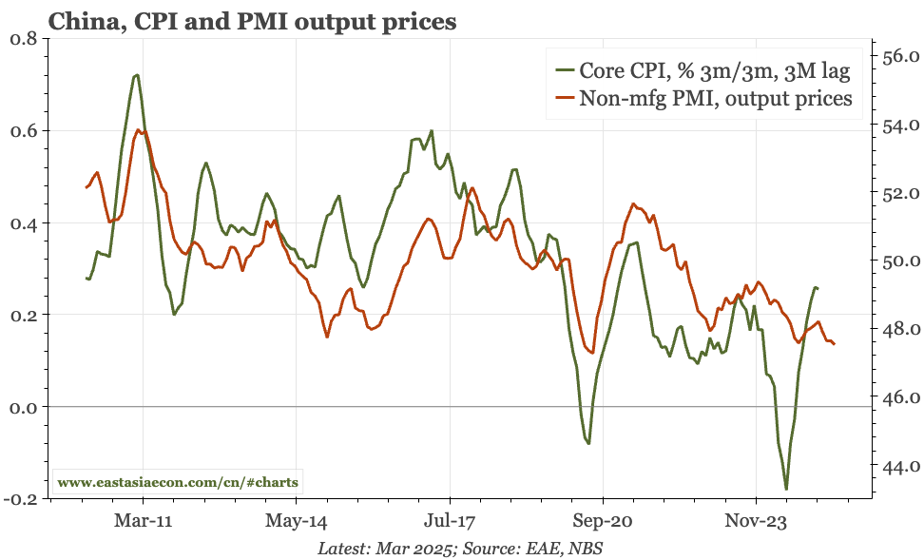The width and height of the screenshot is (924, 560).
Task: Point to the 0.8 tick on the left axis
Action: tap(22, 39)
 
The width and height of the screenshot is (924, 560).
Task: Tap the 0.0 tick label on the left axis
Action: tap(22, 407)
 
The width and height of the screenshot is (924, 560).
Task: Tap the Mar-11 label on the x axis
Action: tap(143, 521)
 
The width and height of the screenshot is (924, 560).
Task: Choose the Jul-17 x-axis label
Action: tap(449, 521)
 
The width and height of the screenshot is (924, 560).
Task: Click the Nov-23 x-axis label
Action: tap(756, 521)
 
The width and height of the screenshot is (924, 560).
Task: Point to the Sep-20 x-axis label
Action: tap(603, 521)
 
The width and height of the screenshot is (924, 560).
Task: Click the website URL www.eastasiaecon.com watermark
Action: tap(178, 482)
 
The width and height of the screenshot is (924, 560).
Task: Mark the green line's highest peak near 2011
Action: tap(138, 74)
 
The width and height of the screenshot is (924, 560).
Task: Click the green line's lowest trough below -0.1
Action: tap(786, 489)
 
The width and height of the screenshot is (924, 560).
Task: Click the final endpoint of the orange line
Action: tap(834, 344)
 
